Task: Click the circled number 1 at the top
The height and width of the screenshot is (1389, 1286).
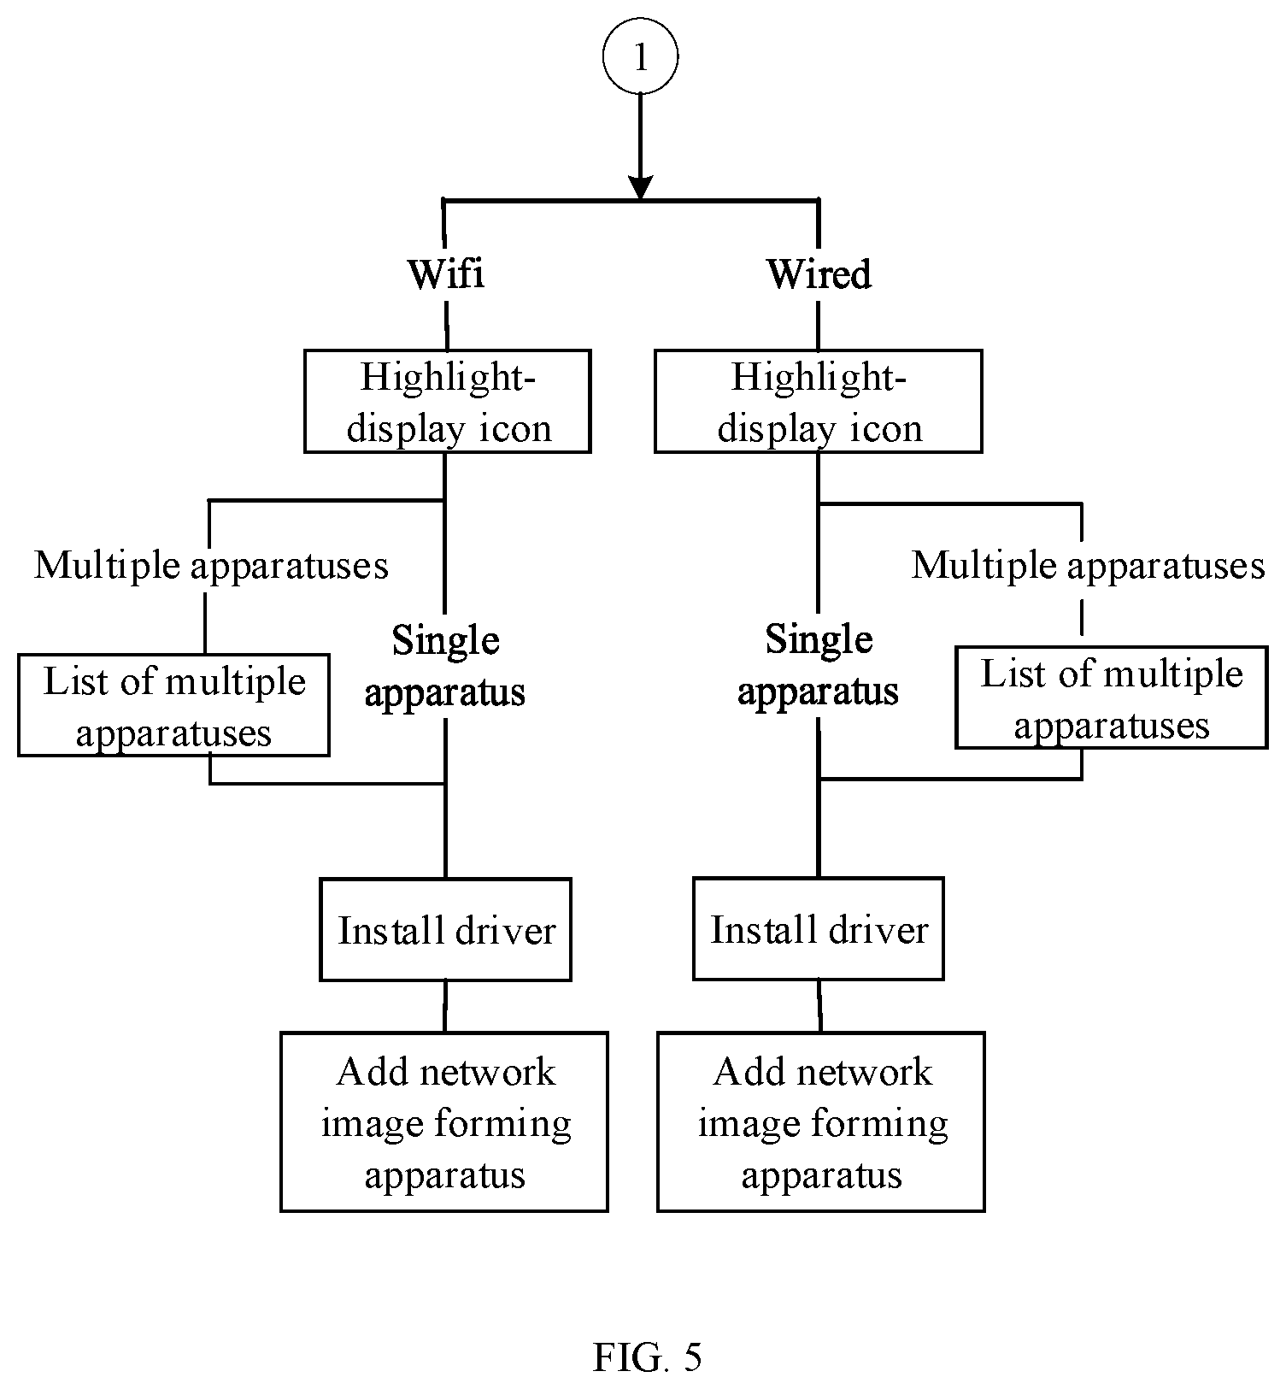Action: (x=640, y=56)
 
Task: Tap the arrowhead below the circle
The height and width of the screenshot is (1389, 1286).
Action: (x=640, y=188)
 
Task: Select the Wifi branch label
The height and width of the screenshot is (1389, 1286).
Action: (x=446, y=274)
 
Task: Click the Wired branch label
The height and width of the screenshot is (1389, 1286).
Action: (x=819, y=274)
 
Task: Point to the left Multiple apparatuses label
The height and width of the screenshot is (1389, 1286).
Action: (x=211, y=566)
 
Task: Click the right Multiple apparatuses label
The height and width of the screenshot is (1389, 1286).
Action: (x=1088, y=566)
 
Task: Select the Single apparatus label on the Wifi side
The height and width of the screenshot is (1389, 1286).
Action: (x=445, y=666)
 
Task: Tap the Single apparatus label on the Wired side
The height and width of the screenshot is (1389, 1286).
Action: (x=818, y=666)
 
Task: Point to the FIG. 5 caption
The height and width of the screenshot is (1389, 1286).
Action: (x=647, y=1357)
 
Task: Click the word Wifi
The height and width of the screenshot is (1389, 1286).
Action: (x=446, y=274)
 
